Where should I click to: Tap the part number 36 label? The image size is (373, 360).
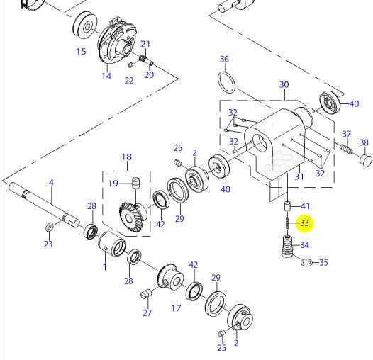coord(224,59)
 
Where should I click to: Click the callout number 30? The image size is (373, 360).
coord(284,85)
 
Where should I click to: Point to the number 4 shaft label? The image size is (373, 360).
coord(51,183)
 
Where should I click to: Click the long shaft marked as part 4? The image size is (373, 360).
coord(43,202)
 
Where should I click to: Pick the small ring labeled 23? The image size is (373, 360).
coord(48,227)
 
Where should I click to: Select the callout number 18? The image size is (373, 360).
coord(127,157)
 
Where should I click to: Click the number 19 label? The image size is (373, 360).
coord(112,183)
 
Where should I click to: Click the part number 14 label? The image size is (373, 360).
coord(106,76)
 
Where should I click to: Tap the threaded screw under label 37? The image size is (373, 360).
coord(345,151)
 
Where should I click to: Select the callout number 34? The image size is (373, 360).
coord(304,245)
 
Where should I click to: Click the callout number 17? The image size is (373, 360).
coord(174,308)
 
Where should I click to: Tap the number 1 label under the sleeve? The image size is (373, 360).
coord(105,266)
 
